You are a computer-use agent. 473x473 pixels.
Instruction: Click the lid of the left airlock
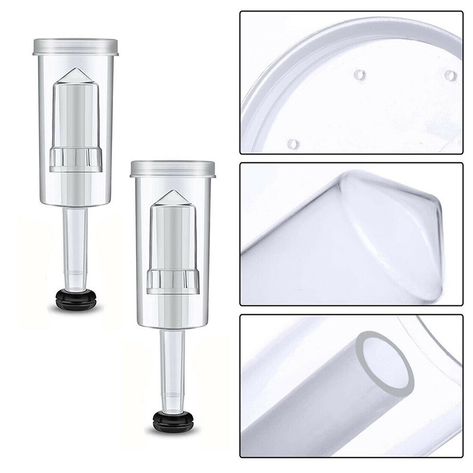(76, 46)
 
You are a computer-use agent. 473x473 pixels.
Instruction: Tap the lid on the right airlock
(173, 168)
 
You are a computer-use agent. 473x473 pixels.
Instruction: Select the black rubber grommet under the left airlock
(76, 299)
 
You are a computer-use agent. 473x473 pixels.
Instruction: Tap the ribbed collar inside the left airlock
(76, 160)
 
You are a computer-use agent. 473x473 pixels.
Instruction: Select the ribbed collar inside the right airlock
(173, 282)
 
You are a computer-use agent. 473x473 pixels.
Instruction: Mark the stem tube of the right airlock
(173, 359)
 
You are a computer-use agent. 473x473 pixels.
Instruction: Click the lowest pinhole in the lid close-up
(293, 142)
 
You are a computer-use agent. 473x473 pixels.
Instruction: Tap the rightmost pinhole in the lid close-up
(451, 75)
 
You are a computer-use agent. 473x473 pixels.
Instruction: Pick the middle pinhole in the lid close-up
(360, 74)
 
